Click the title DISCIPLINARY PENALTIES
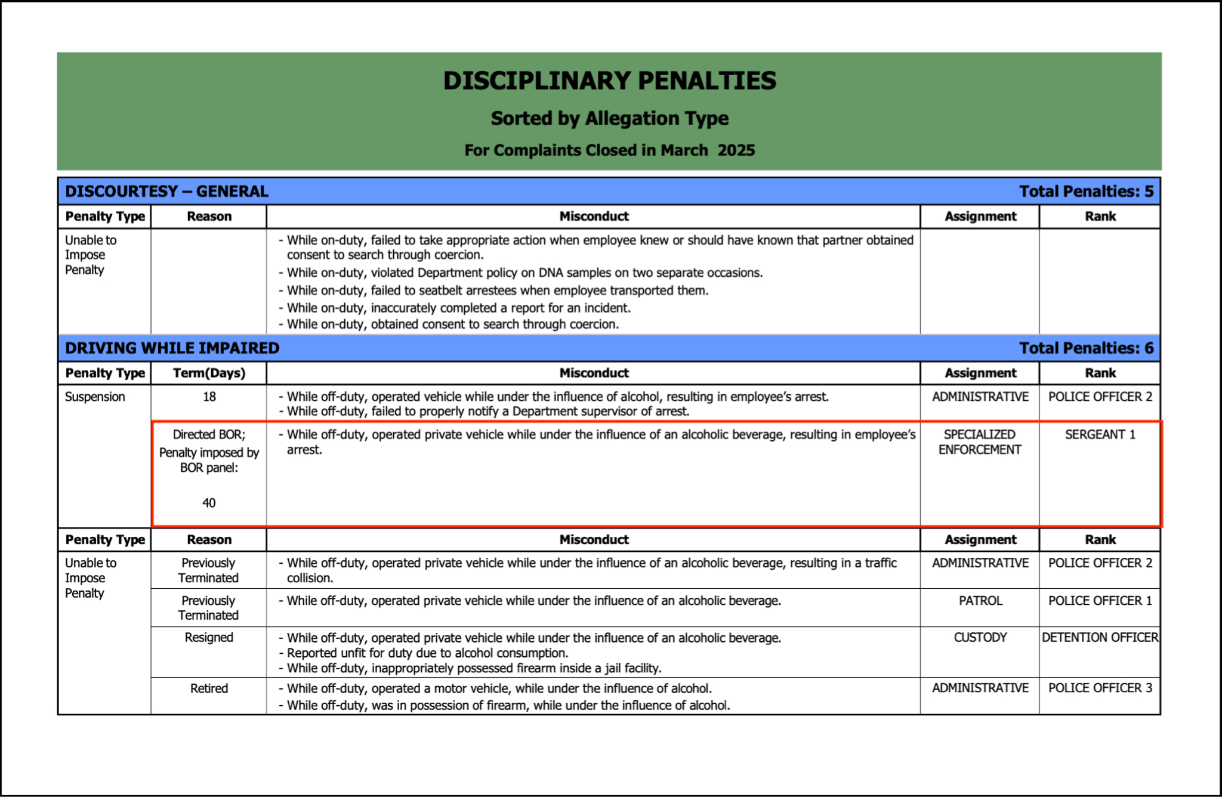point(609,81)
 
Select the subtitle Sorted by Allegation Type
point(609,119)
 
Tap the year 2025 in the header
point(736,150)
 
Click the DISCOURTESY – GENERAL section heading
point(166,191)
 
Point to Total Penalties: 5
point(1086,191)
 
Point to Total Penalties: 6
point(1086,348)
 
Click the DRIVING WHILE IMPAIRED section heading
point(172,348)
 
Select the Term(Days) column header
point(209,373)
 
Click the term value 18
point(209,397)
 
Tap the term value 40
point(209,503)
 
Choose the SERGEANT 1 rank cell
point(1100,435)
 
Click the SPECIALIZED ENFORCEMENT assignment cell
point(980,442)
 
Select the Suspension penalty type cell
point(95,397)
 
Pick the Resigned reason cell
point(209,638)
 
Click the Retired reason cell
point(209,689)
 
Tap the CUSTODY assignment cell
point(980,638)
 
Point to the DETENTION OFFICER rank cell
point(1100,638)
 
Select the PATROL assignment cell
point(980,601)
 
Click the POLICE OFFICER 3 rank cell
point(1100,688)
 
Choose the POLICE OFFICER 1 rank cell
point(1100,601)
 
